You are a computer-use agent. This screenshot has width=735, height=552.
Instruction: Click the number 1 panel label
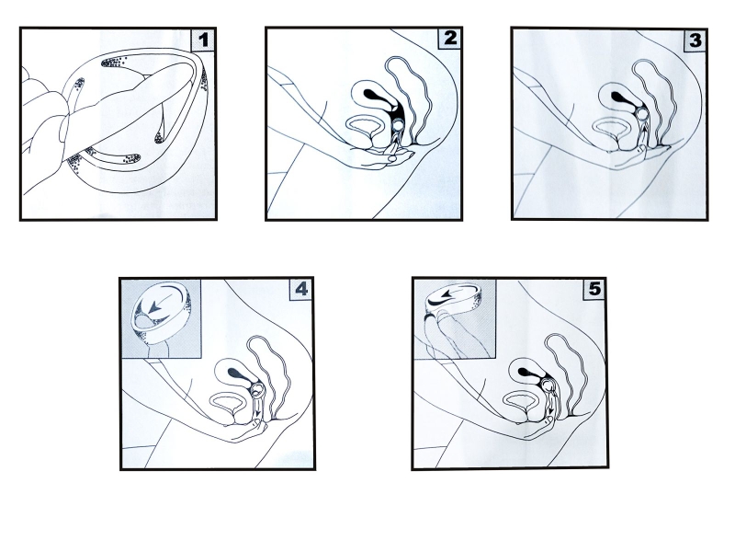pos(203,40)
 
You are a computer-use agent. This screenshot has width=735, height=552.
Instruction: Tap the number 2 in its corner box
pos(450,38)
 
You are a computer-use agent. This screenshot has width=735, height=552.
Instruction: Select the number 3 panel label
pos(695,40)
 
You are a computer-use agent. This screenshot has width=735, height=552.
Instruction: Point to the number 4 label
pos(301,289)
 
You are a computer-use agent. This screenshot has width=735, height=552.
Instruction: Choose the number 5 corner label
pos(594,289)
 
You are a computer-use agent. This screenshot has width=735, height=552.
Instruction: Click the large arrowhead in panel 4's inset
pos(154,307)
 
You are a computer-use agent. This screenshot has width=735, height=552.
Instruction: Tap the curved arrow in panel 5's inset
pos(451,295)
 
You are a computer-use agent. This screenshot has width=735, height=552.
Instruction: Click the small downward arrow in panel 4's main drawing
pos(257,409)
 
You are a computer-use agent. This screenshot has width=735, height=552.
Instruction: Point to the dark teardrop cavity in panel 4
pos(239,374)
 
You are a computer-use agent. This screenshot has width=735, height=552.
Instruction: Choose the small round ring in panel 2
pos(398,124)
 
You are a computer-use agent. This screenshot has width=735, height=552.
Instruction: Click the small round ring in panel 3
pos(643,114)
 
